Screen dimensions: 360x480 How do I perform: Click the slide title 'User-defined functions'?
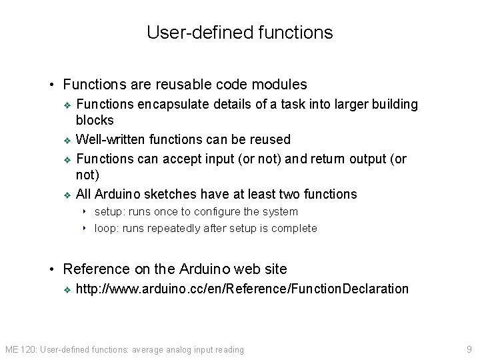pos(239,32)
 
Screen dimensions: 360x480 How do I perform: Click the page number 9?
pos(469,349)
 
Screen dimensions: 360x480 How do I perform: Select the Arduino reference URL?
pos(242,289)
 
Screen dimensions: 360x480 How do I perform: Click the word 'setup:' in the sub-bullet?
pos(109,211)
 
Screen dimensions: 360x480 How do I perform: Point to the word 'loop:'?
pos(108,228)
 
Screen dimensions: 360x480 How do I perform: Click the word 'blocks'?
pos(95,121)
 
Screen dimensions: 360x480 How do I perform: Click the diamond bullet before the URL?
pos(66,289)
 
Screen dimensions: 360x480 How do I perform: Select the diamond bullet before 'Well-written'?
pos(66,140)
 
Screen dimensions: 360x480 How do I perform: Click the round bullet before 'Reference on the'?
pos(53,269)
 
